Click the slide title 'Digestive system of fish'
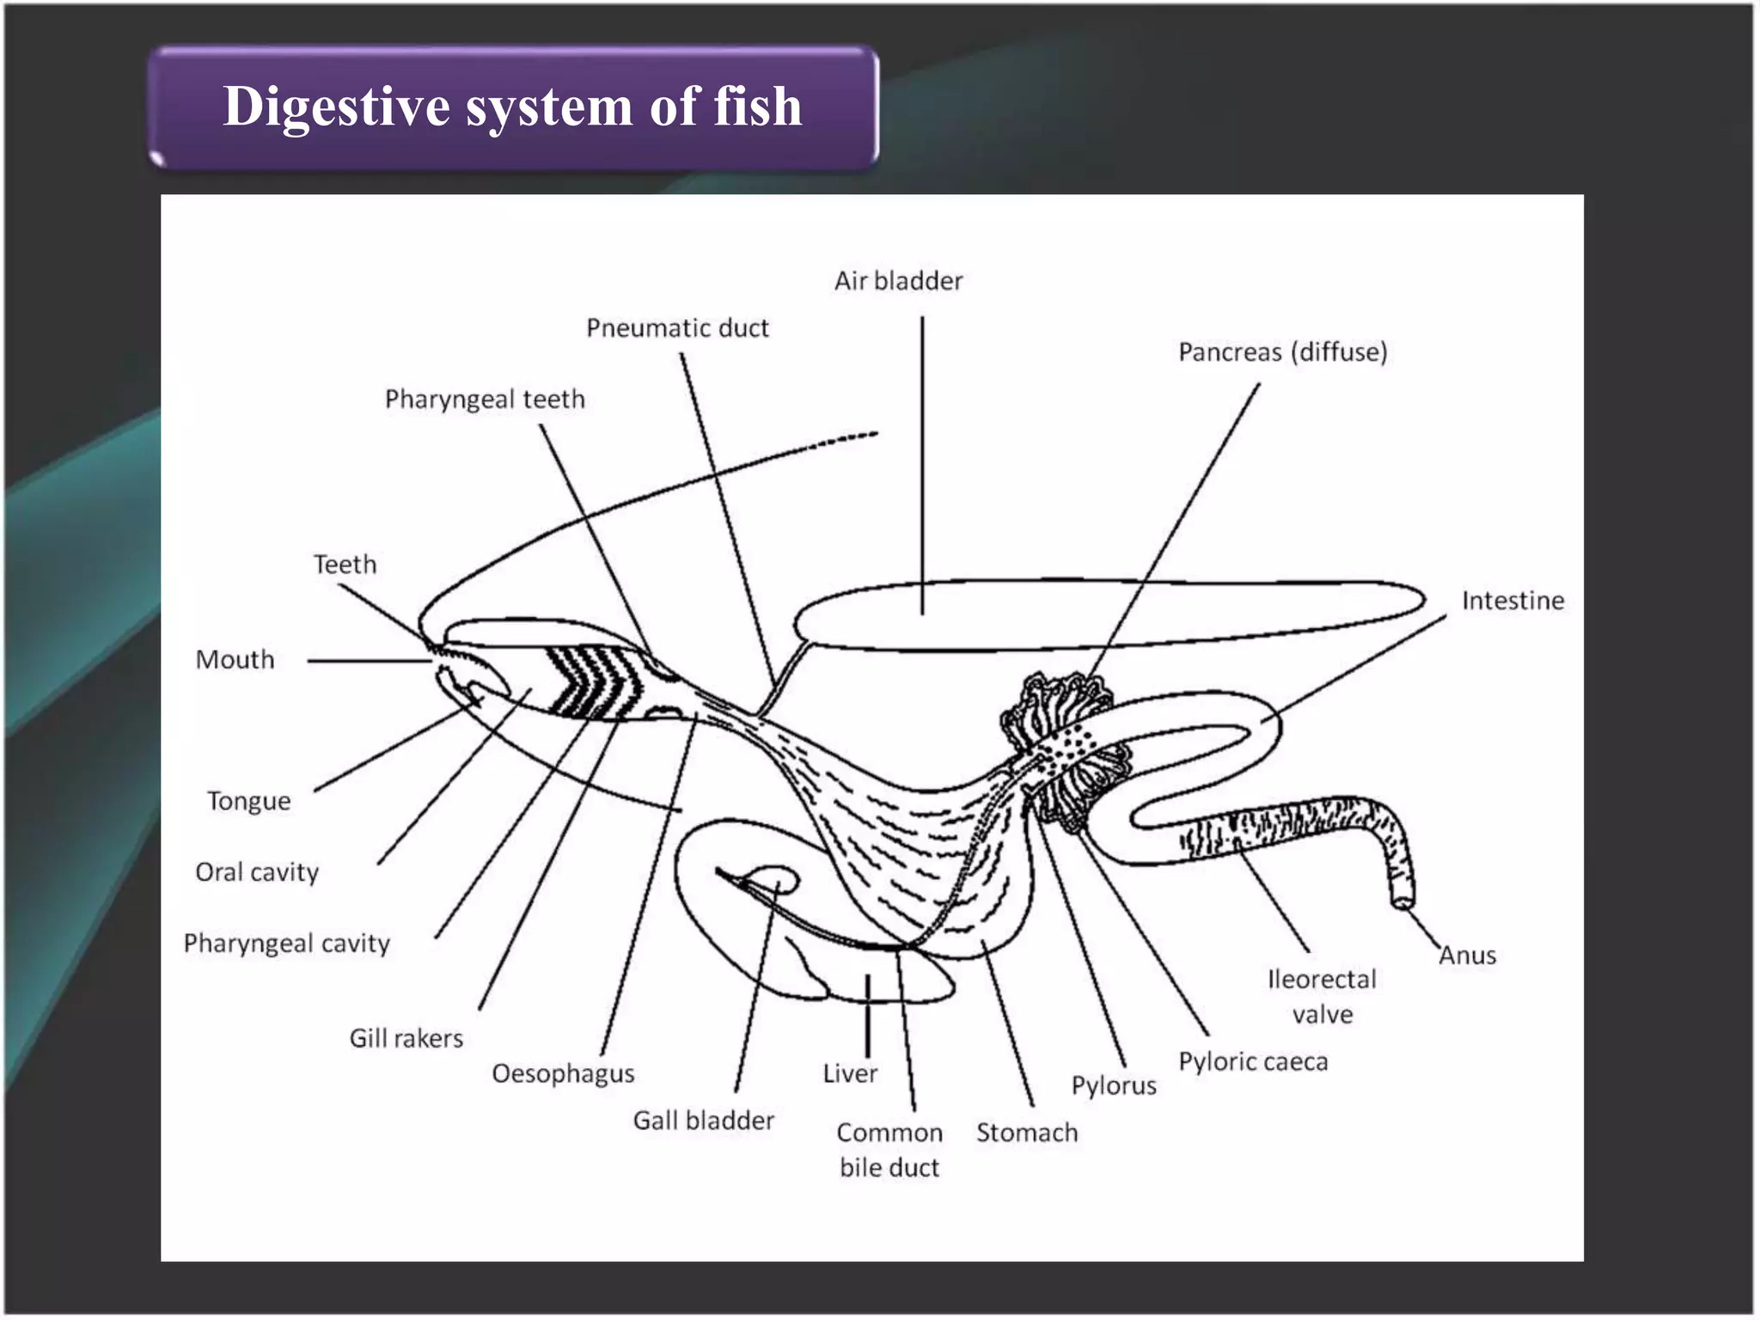tap(512, 107)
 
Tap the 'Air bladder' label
tap(898, 281)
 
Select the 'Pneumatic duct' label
tap(677, 328)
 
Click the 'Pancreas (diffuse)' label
tap(1282, 352)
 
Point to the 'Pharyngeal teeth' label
tap(485, 400)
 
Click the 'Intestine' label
tap(1512, 601)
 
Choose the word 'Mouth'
tap(235, 660)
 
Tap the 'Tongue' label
tap(248, 802)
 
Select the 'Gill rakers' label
tap(406, 1039)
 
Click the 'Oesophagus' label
tap(563, 1074)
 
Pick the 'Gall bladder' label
tap(703, 1121)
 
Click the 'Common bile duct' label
tap(889, 1150)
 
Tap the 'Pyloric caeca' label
tap(1252, 1062)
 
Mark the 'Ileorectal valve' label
tap(1322, 997)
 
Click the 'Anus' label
tap(1467, 956)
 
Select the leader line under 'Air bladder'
tap(922, 464)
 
